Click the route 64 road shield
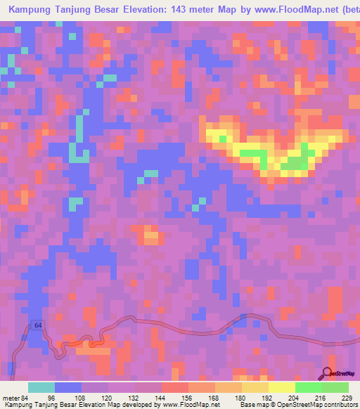pos(37,324)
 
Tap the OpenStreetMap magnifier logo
pos(327,373)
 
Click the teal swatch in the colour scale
pos(41,387)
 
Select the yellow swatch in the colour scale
pos(281,387)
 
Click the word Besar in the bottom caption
pos(68,404)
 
